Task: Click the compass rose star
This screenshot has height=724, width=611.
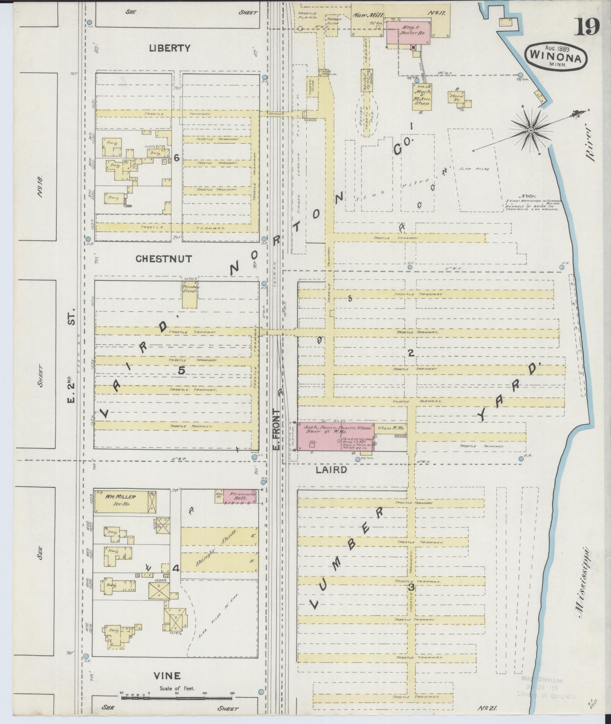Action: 530,131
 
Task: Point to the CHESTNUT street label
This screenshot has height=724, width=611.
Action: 164,259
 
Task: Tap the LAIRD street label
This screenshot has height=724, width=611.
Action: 331,470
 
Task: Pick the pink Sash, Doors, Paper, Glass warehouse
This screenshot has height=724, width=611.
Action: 335,436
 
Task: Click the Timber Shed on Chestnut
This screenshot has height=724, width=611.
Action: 190,294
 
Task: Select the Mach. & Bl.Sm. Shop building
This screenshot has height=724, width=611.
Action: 423,97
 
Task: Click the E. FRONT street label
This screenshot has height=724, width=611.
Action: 276,430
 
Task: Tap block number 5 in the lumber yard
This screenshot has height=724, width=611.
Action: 181,371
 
